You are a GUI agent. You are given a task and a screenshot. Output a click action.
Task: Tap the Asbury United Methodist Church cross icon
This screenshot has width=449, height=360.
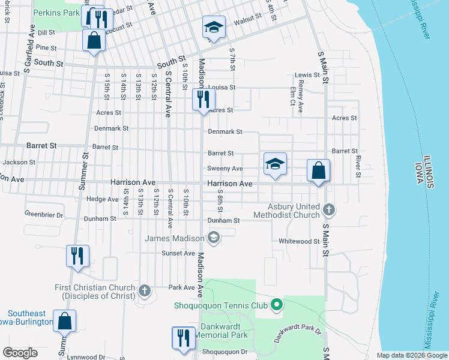328,210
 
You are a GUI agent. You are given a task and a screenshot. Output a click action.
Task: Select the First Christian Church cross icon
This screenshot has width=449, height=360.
144,292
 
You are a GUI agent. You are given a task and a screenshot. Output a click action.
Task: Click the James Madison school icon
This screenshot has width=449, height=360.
213,238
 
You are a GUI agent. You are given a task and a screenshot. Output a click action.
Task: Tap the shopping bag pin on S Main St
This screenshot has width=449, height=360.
319,171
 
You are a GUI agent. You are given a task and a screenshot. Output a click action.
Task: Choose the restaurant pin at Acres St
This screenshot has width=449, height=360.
203,100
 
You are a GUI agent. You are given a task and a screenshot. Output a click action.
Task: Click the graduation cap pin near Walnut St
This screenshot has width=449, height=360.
212,28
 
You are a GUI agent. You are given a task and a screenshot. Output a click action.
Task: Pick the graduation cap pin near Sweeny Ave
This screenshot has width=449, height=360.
275,164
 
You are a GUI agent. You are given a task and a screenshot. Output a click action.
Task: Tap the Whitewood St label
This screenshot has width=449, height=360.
299,241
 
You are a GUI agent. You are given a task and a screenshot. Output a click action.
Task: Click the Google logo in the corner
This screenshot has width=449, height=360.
20,353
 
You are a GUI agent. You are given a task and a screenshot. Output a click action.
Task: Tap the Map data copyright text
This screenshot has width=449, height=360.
411,355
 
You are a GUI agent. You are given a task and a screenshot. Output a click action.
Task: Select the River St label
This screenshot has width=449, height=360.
358,167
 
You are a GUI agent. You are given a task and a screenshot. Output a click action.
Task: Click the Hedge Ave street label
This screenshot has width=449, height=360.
102,199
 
